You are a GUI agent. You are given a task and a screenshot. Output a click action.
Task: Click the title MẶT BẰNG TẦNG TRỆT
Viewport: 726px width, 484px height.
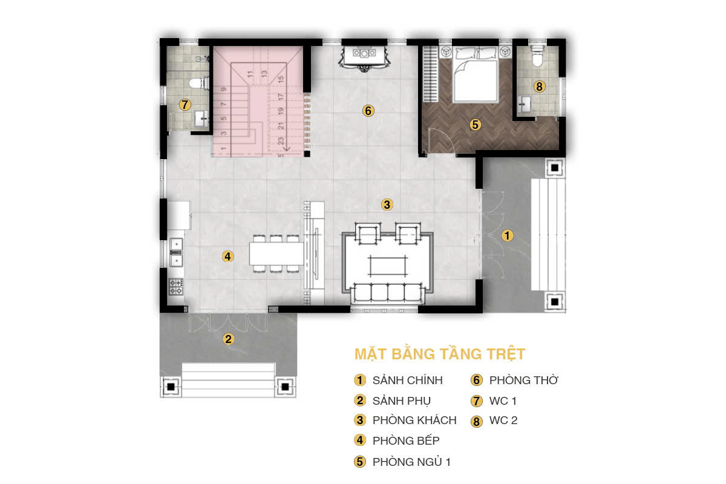click(x=439, y=353)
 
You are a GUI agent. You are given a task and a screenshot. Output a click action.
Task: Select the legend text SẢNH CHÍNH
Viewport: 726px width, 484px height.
click(x=407, y=381)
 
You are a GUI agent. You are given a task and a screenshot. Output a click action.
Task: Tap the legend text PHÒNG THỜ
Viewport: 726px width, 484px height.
click(x=523, y=381)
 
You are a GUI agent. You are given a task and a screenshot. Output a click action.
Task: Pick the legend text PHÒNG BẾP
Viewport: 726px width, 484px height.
click(x=406, y=440)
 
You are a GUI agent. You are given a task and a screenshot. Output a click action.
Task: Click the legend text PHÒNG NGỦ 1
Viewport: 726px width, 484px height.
click(x=411, y=462)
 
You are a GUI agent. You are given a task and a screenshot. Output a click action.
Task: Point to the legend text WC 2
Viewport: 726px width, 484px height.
click(x=503, y=420)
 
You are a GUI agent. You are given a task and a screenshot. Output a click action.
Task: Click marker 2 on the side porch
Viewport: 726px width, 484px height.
click(x=228, y=339)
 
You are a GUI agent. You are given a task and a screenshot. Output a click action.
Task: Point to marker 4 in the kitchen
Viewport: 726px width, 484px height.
click(x=227, y=256)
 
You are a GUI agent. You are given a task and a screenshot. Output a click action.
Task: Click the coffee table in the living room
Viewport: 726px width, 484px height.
click(x=387, y=265)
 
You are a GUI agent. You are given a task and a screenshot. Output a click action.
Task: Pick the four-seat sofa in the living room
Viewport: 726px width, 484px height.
click(x=387, y=293)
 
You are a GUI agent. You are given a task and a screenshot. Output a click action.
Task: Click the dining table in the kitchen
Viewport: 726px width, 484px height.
click(x=276, y=253)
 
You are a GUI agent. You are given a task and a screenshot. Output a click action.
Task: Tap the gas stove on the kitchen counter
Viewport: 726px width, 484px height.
click(x=176, y=286)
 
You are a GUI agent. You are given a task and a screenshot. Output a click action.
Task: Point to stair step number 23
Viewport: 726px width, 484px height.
click(x=281, y=141)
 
